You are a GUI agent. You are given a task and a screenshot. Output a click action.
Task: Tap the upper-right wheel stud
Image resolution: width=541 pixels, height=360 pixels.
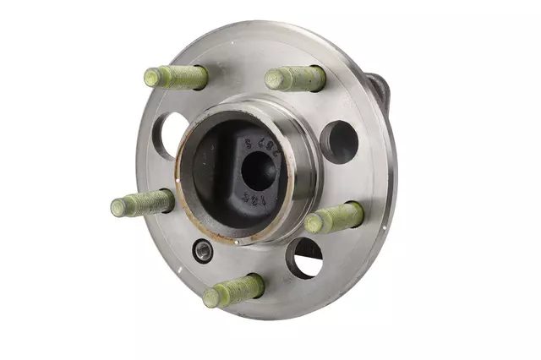(x=295, y=79)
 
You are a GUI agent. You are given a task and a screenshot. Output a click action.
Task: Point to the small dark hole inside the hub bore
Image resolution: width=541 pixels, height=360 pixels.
(x=256, y=170)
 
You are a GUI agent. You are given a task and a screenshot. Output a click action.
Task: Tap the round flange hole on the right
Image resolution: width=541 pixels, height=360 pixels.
(x=339, y=141)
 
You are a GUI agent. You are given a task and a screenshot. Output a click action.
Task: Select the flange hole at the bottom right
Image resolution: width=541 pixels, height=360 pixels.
(x=304, y=258)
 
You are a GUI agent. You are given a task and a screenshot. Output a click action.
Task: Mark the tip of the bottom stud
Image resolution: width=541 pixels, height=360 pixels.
(x=210, y=297)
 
